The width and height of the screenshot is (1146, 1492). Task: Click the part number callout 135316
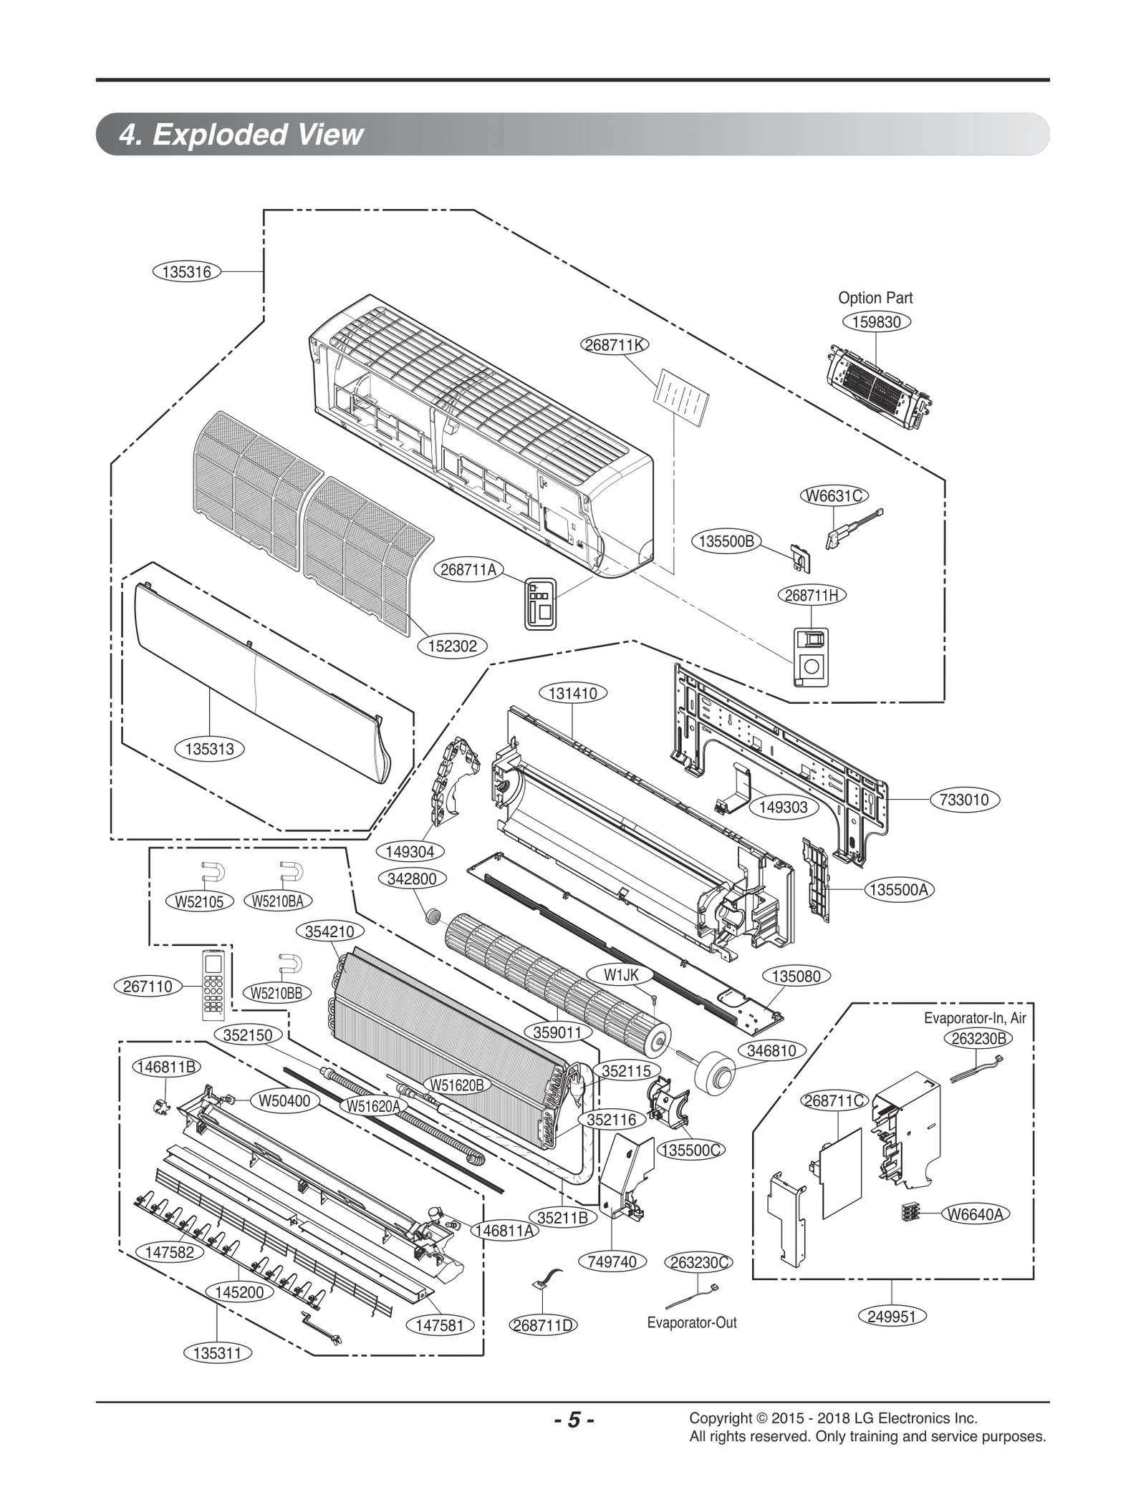click(186, 271)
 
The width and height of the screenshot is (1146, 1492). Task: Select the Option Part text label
click(875, 298)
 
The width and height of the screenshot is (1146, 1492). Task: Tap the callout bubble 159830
click(876, 322)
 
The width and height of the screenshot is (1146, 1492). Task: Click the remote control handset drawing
click(213, 984)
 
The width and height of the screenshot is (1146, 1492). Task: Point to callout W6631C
click(834, 495)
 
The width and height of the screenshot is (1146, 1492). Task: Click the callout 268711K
click(614, 344)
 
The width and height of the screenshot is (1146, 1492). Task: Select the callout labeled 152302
click(452, 646)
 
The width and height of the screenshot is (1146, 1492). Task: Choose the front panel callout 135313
click(209, 749)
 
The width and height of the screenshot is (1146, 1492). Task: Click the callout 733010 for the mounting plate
click(964, 800)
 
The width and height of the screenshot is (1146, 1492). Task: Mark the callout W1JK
click(621, 974)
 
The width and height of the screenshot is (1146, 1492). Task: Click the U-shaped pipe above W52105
click(213, 872)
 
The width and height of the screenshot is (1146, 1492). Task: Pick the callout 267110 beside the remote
click(148, 986)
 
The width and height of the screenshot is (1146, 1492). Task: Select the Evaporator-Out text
click(691, 1322)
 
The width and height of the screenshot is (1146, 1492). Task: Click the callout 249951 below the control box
click(891, 1316)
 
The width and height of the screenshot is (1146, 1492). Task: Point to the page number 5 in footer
click(573, 1420)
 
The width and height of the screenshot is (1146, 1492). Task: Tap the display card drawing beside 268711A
click(540, 604)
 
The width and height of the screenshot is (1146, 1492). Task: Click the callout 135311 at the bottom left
click(217, 1353)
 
